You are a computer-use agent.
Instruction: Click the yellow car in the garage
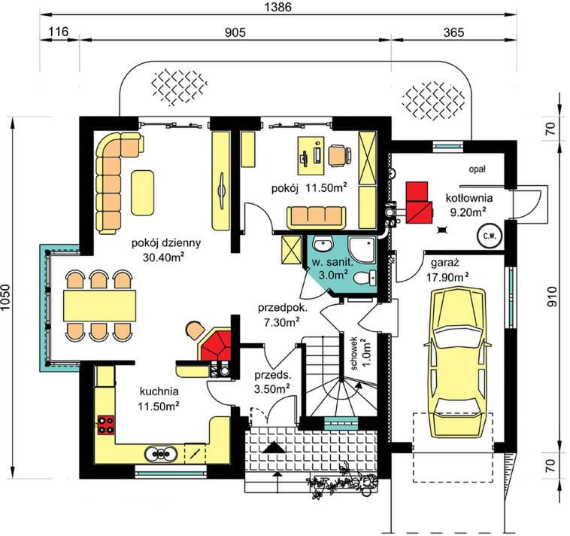tap(458, 362)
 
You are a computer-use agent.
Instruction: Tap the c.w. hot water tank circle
tap(490, 236)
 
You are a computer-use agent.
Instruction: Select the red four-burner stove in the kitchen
tap(106, 425)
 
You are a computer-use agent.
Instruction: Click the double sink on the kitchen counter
tap(161, 454)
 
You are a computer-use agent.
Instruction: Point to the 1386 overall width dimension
tap(277, 7)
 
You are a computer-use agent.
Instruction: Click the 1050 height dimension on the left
tap(6, 297)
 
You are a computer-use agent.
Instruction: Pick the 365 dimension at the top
tap(454, 32)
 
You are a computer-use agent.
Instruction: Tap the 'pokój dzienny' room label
tap(166, 242)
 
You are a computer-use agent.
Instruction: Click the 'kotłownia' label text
tap(469, 198)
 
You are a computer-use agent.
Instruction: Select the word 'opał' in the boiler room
tap(478, 169)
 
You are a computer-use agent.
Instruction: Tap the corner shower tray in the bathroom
tap(362, 250)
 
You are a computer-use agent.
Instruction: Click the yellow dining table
tap(99, 306)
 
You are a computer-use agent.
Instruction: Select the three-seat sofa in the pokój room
tap(317, 218)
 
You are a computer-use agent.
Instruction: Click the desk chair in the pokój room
tap(340, 155)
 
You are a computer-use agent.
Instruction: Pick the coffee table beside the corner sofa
tap(143, 193)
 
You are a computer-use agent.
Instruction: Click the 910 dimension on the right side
tap(552, 297)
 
